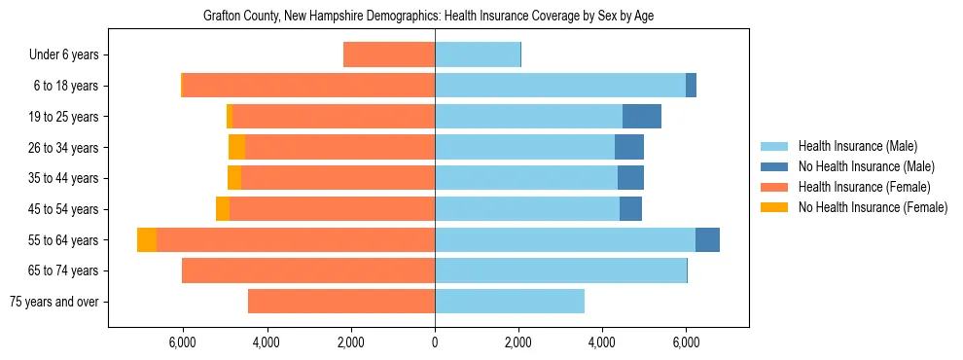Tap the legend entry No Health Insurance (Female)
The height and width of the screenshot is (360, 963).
click(873, 207)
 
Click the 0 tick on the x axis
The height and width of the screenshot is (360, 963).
click(435, 342)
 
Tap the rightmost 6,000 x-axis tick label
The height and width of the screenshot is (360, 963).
click(686, 342)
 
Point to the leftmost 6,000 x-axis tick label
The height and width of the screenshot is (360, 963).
click(183, 342)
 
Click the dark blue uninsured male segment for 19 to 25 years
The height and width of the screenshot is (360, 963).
click(642, 117)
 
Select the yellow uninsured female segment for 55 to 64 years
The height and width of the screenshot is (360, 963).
click(147, 240)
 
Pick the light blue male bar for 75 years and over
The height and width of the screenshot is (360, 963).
click(510, 302)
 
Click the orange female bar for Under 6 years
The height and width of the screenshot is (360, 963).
click(389, 55)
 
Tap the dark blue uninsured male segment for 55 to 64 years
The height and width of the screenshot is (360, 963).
click(707, 240)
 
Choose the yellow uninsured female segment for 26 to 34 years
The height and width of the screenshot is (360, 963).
click(236, 148)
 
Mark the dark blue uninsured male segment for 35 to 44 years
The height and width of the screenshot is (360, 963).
click(630, 178)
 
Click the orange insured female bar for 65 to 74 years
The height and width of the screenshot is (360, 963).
click(308, 270)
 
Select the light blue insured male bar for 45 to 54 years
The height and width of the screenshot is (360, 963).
click(527, 209)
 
